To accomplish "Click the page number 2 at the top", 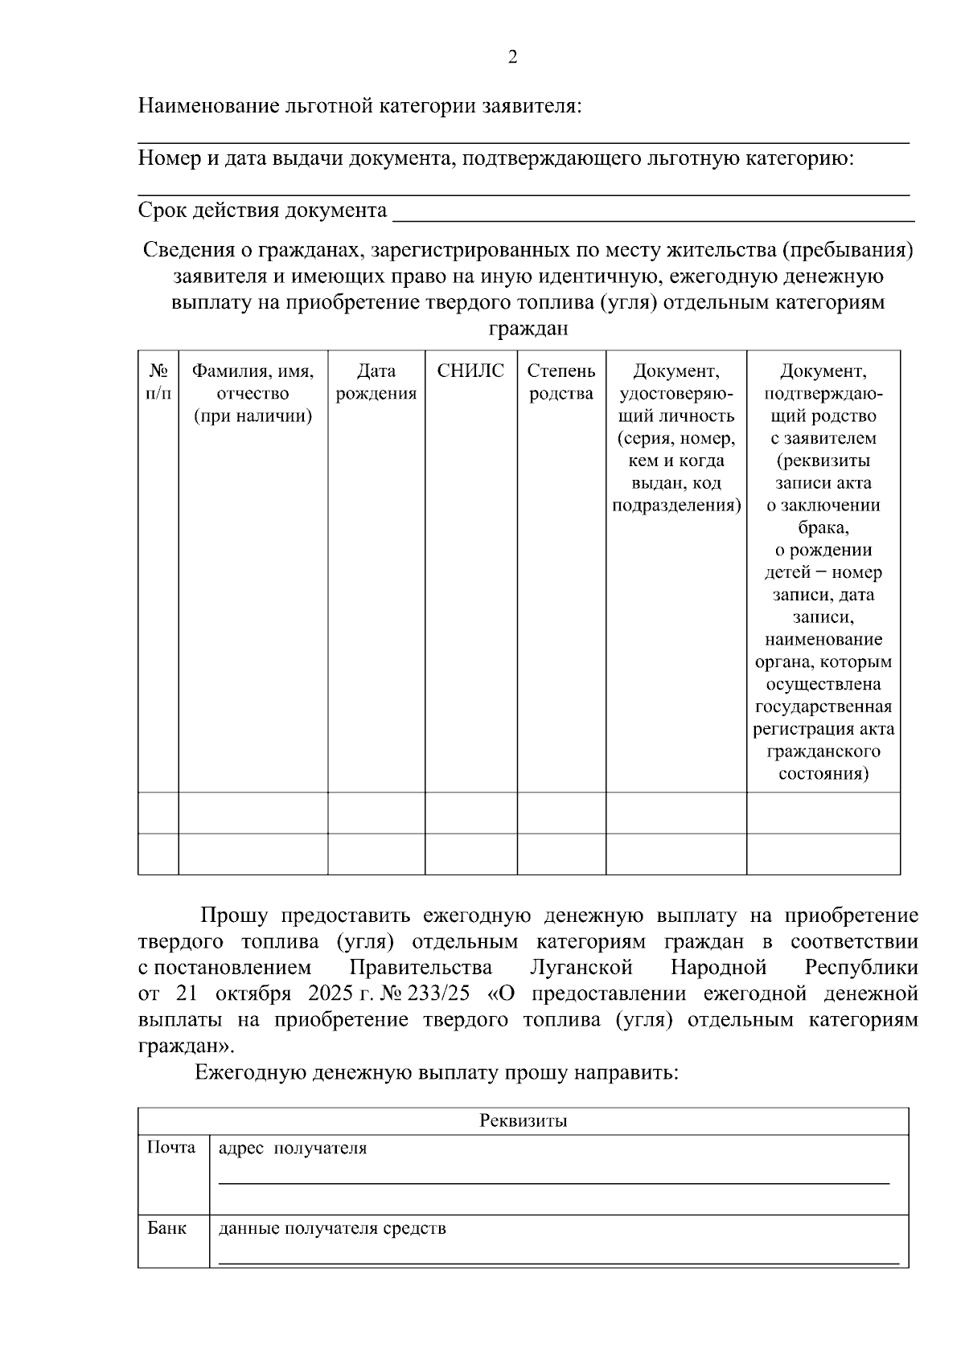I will click(513, 58).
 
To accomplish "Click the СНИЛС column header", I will click(470, 371).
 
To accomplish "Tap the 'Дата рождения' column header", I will click(376, 383).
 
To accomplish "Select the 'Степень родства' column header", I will click(561, 383).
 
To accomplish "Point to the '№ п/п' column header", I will click(158, 383).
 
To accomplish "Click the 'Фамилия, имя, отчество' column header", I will click(253, 394).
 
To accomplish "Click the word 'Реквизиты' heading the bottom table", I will click(523, 1121).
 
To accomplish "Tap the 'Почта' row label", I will click(170, 1148).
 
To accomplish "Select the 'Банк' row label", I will click(166, 1228).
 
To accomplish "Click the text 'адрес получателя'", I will click(293, 1149).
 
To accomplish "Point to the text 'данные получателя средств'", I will click(332, 1229).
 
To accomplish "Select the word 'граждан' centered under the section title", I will click(528, 330).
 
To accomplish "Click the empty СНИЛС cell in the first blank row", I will click(470, 813).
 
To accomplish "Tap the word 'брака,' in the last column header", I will click(823, 528).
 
